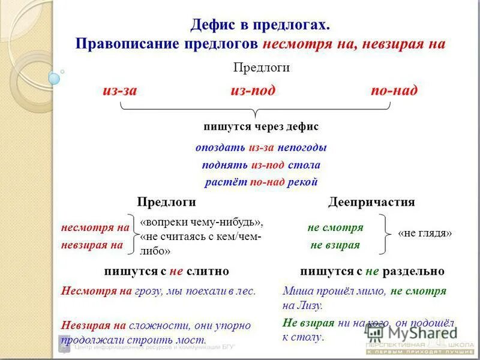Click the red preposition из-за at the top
pyautogui.click(x=119, y=91)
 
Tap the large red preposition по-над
pyautogui.click(x=394, y=91)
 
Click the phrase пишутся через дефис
pyautogui.click(x=261, y=127)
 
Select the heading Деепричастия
pyautogui.click(x=371, y=202)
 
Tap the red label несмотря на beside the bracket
pyautogui.click(x=95, y=228)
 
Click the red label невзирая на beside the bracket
pyautogui.click(x=92, y=245)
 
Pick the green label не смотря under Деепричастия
pyautogui.click(x=335, y=228)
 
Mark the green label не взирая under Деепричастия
pyautogui.click(x=335, y=245)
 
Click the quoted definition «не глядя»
pyautogui.click(x=425, y=234)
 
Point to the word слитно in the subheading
pyautogui.click(x=208, y=271)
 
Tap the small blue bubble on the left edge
pyautogui.click(x=55, y=78)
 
